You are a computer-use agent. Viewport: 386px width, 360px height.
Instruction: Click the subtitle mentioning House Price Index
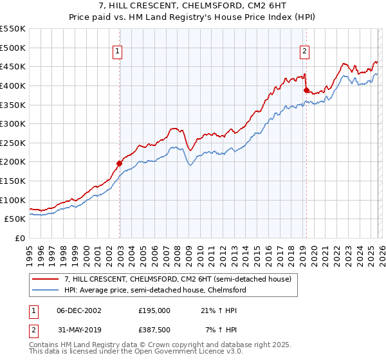click(x=192, y=17)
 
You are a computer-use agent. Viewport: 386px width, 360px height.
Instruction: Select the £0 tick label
click(x=20, y=238)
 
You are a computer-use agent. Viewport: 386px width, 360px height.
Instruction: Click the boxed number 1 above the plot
click(x=119, y=53)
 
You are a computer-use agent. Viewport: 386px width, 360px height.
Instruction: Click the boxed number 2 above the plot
click(x=304, y=53)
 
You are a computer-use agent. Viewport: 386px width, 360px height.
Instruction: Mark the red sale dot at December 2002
click(x=120, y=163)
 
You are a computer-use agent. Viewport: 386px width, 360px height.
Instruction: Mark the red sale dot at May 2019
click(x=306, y=90)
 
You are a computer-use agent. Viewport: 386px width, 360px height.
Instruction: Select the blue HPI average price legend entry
click(x=155, y=290)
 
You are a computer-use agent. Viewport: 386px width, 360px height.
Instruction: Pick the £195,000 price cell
click(x=154, y=310)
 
